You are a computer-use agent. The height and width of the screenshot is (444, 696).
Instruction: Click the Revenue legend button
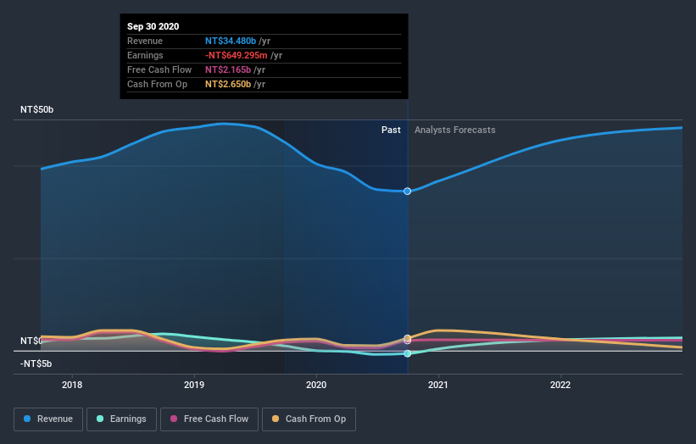click(49, 419)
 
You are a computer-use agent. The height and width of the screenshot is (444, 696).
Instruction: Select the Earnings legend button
click(121, 419)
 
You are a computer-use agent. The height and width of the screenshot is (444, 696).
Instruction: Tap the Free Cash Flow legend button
click(209, 419)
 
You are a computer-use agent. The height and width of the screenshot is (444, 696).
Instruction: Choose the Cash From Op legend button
click(308, 419)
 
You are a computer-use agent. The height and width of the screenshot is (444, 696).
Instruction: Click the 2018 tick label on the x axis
click(72, 384)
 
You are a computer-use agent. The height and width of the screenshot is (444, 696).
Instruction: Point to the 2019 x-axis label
click(194, 384)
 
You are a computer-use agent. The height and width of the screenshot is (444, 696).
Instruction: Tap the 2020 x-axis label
click(316, 384)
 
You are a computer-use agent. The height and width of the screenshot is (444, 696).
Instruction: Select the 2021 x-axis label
click(438, 384)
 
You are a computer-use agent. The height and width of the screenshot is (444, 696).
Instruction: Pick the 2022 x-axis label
click(560, 384)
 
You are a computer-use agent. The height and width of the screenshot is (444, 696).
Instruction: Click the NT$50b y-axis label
click(37, 110)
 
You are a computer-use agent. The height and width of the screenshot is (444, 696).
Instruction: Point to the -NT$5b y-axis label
click(36, 364)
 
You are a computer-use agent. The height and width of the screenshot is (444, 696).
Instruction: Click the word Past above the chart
click(391, 130)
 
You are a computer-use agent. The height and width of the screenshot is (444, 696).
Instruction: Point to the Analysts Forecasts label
click(454, 130)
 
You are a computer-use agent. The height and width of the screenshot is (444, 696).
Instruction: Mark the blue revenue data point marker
click(408, 191)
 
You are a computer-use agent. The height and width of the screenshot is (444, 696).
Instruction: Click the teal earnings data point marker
click(408, 353)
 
